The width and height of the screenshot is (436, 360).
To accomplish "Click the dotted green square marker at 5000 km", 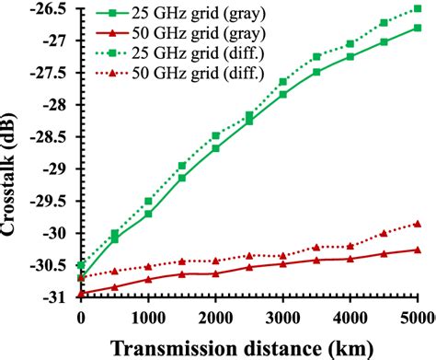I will (x=418, y=8).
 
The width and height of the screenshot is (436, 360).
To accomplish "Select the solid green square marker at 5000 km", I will (x=418, y=28).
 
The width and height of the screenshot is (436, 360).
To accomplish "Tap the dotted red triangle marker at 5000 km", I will (x=418, y=224).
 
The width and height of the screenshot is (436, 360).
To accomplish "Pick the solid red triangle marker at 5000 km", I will (x=418, y=250).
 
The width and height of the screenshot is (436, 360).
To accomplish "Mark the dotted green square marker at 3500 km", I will (x=316, y=57).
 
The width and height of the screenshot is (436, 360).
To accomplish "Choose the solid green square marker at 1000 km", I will (x=148, y=214).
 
